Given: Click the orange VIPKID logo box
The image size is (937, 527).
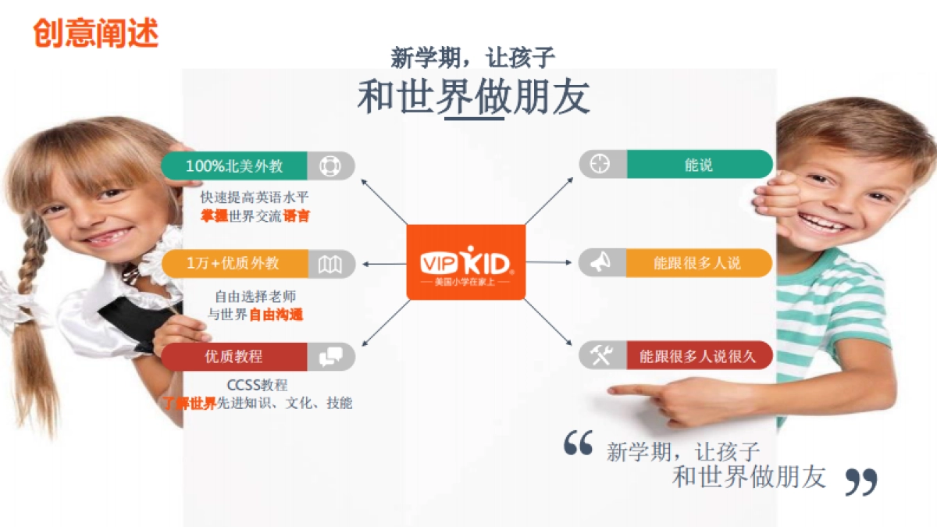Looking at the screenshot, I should coord(466,262).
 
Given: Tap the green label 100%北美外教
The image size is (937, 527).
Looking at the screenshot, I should coord(234,166).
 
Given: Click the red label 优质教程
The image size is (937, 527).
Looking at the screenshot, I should coord(233,357).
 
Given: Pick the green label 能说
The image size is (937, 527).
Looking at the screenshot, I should coord(699,165).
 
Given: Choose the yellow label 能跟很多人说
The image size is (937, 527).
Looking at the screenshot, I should coord(698,263).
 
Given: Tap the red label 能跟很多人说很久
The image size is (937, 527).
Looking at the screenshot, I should coord(698,356).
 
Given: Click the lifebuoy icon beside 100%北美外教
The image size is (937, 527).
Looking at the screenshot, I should coord(330,166).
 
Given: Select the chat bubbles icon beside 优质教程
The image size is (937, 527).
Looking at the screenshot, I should coord(330,357).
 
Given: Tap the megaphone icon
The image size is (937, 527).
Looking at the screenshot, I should coord(600,263).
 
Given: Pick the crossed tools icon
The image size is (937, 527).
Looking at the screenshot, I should coord(600,356).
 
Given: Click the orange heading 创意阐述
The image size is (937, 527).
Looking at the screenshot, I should coord(96,34).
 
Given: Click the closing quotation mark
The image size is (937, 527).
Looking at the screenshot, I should coord(861,481).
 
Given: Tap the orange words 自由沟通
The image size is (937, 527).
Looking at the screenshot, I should coord(276,315).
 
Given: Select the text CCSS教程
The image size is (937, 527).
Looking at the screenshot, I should coord(257,385).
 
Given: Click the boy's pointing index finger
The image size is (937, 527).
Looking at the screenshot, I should coord(625,390).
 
